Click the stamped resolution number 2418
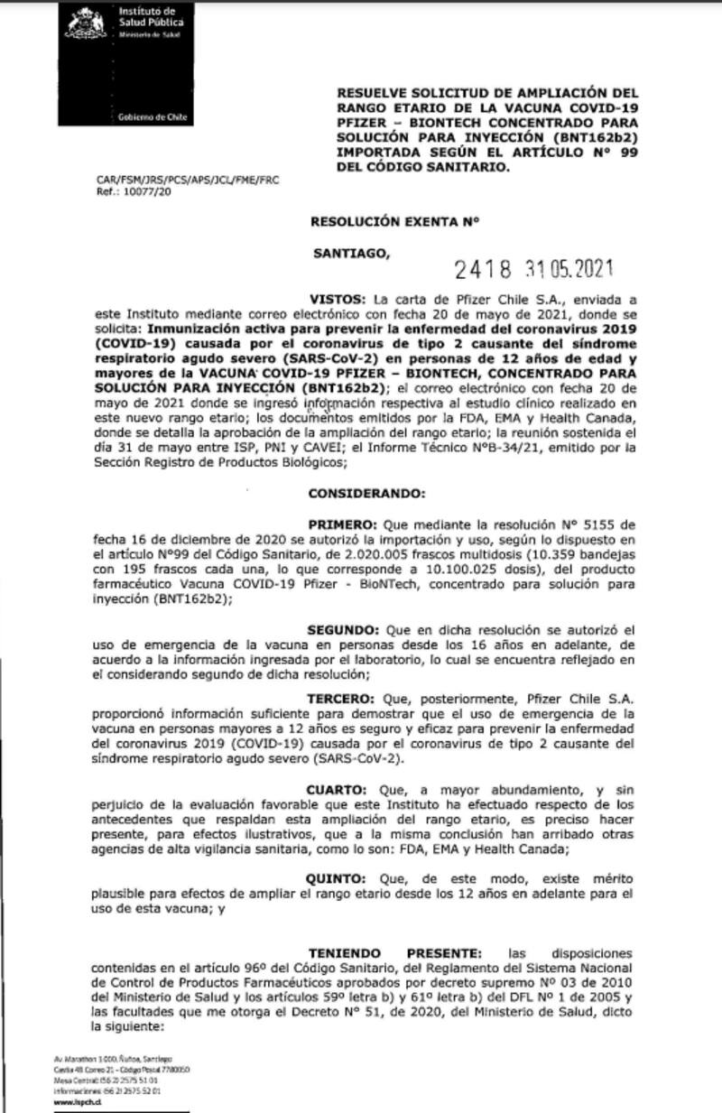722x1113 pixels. coord(484,269)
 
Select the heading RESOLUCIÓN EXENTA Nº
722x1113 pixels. coord(394,219)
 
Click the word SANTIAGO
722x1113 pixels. coord(353,254)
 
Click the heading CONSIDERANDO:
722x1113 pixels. coord(363,494)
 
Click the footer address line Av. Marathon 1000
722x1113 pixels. coord(112,1057)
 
